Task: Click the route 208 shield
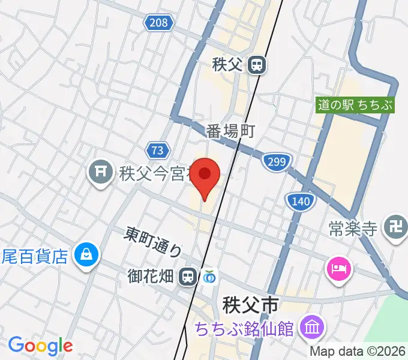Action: click(x=158, y=23)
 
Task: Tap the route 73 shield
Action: click(x=157, y=149)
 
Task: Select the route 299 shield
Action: click(x=276, y=160)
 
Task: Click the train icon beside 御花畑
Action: click(x=188, y=276)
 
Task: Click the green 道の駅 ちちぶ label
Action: click(x=356, y=105)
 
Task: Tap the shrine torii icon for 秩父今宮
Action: click(x=98, y=174)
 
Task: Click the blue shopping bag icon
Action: click(x=87, y=256)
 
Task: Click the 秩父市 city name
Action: click(x=250, y=305)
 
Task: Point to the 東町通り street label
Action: click(x=154, y=241)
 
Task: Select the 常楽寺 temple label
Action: click(x=353, y=229)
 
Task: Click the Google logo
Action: click(x=40, y=346)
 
